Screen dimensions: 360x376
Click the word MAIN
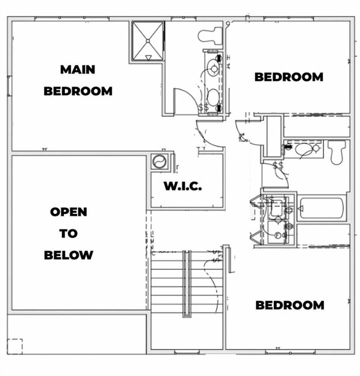pyautogui.click(x=78, y=69)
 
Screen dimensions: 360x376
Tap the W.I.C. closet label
pyautogui.click(x=183, y=186)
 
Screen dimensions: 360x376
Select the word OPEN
pyautogui.click(x=69, y=212)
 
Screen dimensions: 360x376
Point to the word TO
pyautogui.click(x=69, y=234)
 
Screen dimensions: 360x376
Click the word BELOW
pyautogui.click(x=69, y=255)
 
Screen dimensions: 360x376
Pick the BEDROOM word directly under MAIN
pyautogui.click(x=78, y=91)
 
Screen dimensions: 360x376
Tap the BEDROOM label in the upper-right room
pyautogui.click(x=289, y=77)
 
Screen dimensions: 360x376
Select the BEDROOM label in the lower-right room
pyautogui.click(x=290, y=305)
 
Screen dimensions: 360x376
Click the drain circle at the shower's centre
pyautogui.click(x=148, y=41)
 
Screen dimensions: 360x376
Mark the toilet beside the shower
pyautogui.click(x=210, y=36)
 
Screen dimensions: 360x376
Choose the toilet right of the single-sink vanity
pyautogui.click(x=337, y=152)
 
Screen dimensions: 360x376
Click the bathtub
pyautogui.click(x=321, y=208)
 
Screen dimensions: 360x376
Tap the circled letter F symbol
pyautogui.click(x=278, y=236)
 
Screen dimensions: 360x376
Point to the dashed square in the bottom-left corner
pyautogui.click(x=14, y=346)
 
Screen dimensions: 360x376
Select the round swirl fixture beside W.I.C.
pyautogui.click(x=160, y=161)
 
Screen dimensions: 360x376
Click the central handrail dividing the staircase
pyautogui.click(x=187, y=284)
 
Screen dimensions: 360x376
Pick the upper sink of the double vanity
pyautogui.click(x=214, y=68)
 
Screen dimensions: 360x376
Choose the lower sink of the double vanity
pyautogui.click(x=213, y=97)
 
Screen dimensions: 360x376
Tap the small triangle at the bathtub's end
pyautogui.click(x=300, y=208)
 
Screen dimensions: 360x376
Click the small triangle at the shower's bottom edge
pyautogui.click(x=148, y=58)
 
